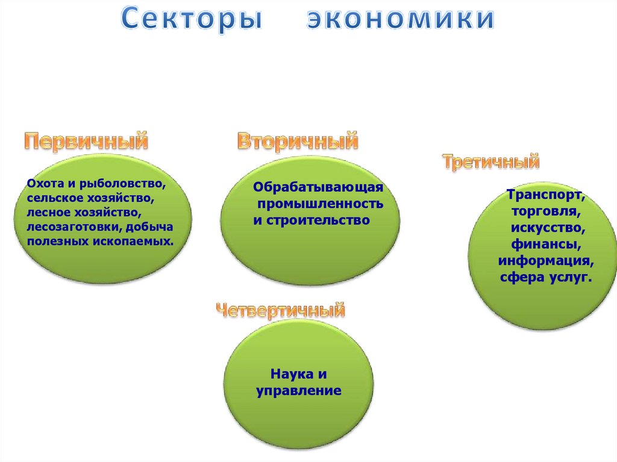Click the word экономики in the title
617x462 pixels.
coord(401,19)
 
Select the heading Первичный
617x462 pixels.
coord(86,142)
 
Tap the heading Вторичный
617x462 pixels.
coord(298,142)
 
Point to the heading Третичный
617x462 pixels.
coord(490,161)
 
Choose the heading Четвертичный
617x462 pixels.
coord(281,311)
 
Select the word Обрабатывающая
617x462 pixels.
coord(318,189)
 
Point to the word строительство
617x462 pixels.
coord(318,220)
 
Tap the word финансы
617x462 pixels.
coord(547,245)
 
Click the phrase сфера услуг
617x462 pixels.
coord(546,278)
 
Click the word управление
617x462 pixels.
coord(299,391)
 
